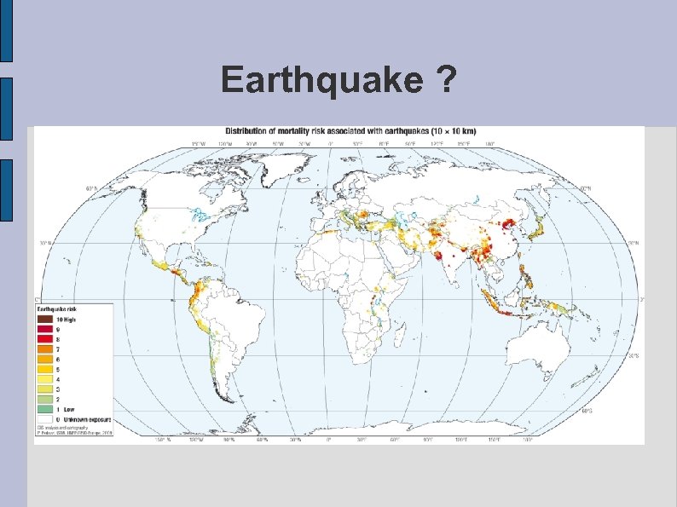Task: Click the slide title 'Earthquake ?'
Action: coord(338,81)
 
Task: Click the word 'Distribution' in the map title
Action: coord(246,131)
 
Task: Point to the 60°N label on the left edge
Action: coord(90,188)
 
